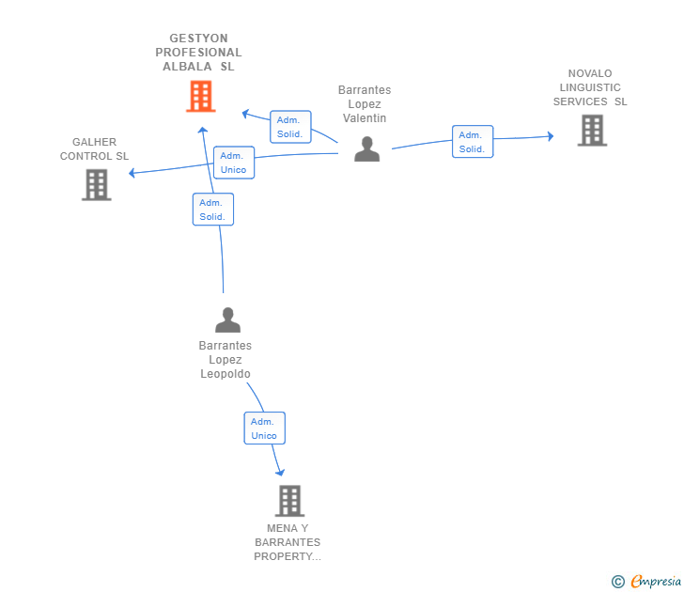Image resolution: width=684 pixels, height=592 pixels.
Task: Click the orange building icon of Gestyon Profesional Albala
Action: (x=200, y=96)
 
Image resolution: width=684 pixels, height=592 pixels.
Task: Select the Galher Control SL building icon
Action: (x=97, y=185)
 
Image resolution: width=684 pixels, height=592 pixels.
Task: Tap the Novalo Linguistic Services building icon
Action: (x=592, y=131)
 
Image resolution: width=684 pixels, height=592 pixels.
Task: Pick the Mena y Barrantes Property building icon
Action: (x=290, y=501)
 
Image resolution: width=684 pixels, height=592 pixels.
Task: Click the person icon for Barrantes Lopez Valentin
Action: (x=366, y=149)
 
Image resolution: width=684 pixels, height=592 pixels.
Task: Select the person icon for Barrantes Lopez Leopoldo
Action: (x=227, y=320)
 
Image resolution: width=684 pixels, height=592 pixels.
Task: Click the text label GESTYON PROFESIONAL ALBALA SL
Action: (x=198, y=53)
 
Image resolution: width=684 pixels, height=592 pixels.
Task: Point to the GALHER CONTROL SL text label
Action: (x=95, y=149)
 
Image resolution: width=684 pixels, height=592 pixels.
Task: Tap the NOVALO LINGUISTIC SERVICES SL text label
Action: (x=590, y=87)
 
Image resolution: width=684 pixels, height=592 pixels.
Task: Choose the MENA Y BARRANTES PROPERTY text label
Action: (x=288, y=542)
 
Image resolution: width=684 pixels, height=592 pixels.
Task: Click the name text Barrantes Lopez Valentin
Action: (x=365, y=104)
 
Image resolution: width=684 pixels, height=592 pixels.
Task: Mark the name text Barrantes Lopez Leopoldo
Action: (x=225, y=360)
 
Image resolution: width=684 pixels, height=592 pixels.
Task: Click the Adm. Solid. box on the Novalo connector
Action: (x=472, y=142)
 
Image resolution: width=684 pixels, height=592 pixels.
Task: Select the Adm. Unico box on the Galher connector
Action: (x=233, y=163)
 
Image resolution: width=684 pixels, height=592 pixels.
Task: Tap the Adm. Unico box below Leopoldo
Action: (x=264, y=428)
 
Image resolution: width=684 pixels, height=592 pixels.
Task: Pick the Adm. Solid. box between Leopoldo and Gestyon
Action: (x=212, y=210)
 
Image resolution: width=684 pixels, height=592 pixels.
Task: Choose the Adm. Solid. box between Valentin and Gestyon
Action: (x=289, y=127)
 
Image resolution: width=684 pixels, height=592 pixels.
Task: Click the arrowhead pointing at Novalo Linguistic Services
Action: (x=551, y=137)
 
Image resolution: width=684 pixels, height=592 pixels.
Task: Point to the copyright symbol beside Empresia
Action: (x=617, y=582)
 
